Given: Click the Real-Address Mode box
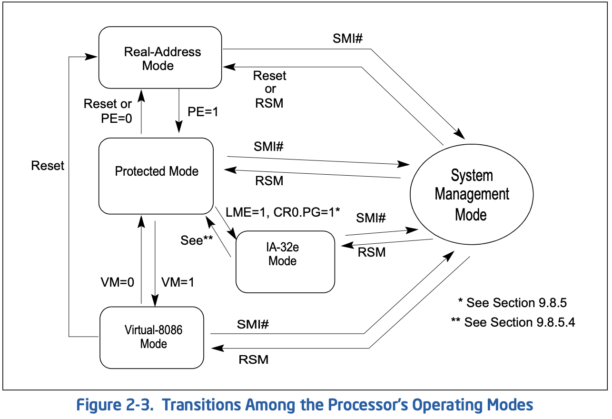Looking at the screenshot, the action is pyautogui.click(x=160, y=58).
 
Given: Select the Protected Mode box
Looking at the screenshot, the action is pyautogui.click(x=156, y=176).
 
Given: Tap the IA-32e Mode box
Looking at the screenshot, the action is pyautogui.click(x=285, y=262).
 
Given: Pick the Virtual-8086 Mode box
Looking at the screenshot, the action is pyautogui.click(x=152, y=338).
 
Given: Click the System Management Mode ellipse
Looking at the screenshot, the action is pyautogui.click(x=472, y=194).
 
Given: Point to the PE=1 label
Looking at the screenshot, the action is pyautogui.click(x=203, y=112).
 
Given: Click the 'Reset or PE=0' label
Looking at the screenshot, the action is pyautogui.click(x=108, y=111).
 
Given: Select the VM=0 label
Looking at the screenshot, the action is pyautogui.click(x=118, y=282).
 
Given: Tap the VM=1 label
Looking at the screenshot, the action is pyautogui.click(x=178, y=282).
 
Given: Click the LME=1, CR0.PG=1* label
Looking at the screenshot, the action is pyautogui.click(x=283, y=212).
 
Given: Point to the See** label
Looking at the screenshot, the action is pyautogui.click(x=197, y=240).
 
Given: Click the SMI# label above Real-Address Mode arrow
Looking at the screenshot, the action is pyautogui.click(x=347, y=39).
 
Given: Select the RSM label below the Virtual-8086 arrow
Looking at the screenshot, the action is pyautogui.click(x=254, y=359).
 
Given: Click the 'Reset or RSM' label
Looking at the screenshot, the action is pyautogui.click(x=270, y=90).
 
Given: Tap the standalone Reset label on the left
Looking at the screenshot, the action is pyautogui.click(x=48, y=166).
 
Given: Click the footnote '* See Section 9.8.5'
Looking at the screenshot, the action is pyautogui.click(x=512, y=303).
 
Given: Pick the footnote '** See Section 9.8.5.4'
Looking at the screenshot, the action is pyautogui.click(x=513, y=322).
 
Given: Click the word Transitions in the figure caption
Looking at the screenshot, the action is pyautogui.click(x=202, y=405).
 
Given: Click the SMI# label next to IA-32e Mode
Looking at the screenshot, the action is pyautogui.click(x=371, y=218).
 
